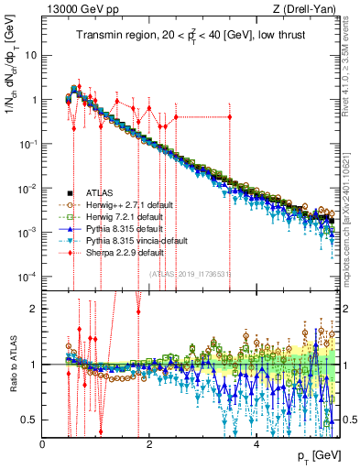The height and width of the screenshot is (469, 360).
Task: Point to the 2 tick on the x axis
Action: pyautogui.click(x=149, y=444)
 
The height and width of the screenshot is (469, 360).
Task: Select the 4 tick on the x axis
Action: pyautogui.click(x=256, y=444)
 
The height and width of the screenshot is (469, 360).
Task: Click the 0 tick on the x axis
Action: pyautogui.click(x=43, y=444)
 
